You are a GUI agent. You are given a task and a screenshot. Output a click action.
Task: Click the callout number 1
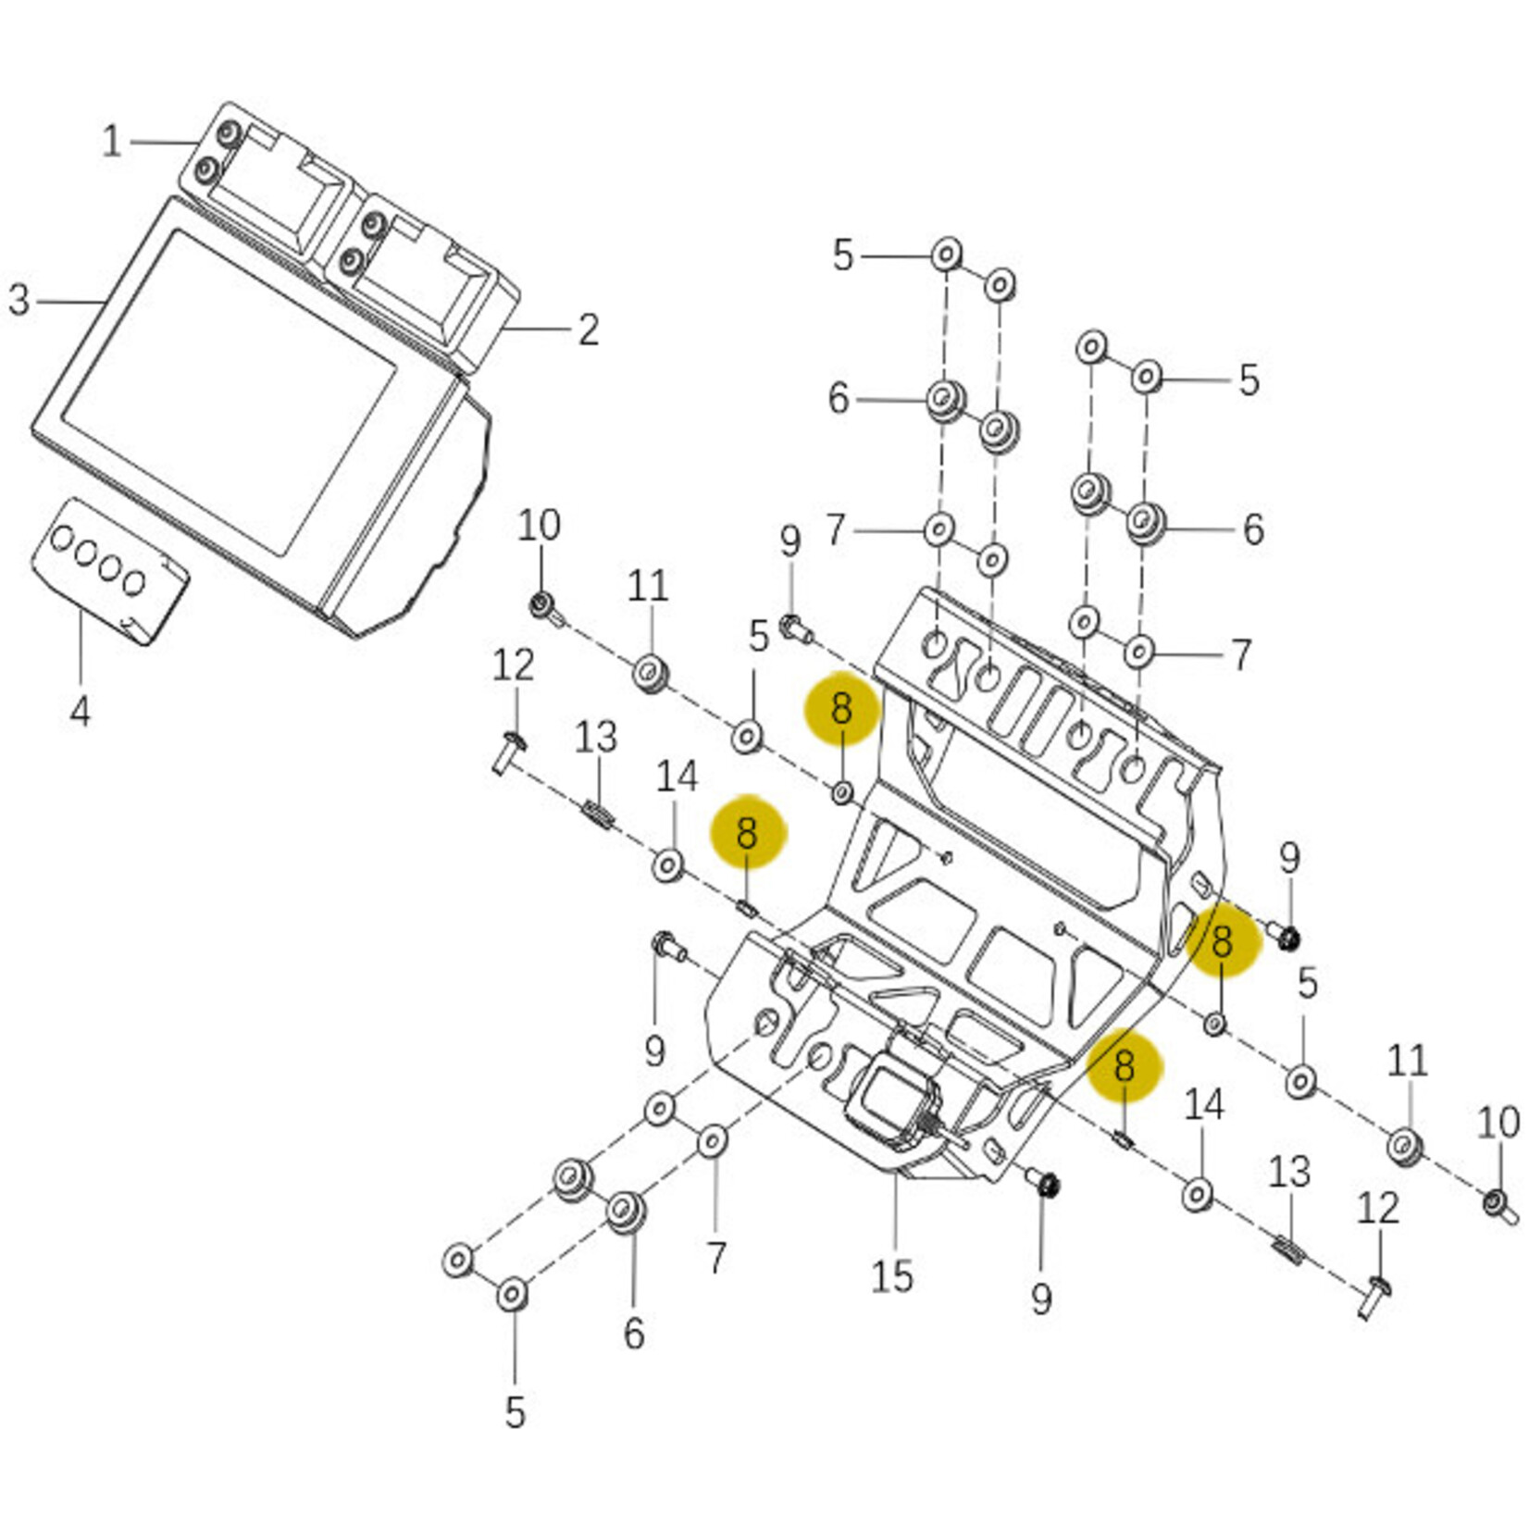[111, 142]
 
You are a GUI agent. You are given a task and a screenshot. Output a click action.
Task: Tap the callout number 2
[589, 329]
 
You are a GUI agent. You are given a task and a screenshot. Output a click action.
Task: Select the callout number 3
[19, 300]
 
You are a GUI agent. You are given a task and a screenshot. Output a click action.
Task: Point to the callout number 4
[81, 711]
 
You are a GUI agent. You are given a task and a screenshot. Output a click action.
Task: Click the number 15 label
[891, 1276]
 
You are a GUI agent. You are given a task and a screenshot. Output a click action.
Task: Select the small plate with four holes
[109, 569]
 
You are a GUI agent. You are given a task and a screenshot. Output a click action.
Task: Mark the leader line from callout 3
[69, 301]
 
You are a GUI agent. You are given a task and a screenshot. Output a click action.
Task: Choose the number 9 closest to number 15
[1041, 1299]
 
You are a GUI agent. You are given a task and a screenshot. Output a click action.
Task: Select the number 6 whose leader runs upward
[633, 1333]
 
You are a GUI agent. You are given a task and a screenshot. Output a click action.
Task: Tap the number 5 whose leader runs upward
[515, 1412]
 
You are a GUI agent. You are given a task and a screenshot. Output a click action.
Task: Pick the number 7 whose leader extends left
[1240, 655]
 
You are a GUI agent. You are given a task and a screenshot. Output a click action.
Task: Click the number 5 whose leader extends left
[1249, 379]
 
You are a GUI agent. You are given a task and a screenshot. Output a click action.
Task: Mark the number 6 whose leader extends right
[838, 398]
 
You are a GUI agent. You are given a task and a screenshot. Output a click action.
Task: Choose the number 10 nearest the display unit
[538, 526]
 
